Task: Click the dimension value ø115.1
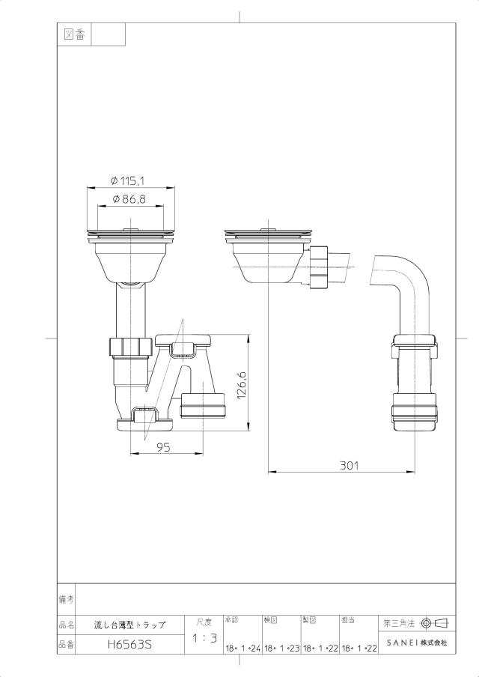tap(127, 181)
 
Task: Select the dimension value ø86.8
tap(129, 199)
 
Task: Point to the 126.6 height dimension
tap(241, 386)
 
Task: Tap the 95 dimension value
tap(164, 448)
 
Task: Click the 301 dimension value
tap(349, 466)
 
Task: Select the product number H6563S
tap(130, 645)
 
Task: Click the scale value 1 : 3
tap(204, 638)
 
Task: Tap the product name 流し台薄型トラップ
tap(130, 625)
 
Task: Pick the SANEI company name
tap(417, 643)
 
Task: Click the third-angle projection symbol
tap(435, 623)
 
